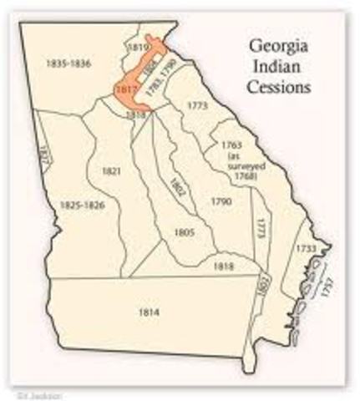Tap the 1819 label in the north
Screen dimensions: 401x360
tap(136, 48)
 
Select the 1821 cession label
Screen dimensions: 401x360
tap(112, 171)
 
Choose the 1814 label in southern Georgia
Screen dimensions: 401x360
tap(150, 311)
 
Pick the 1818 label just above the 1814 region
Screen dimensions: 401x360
tap(225, 266)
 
